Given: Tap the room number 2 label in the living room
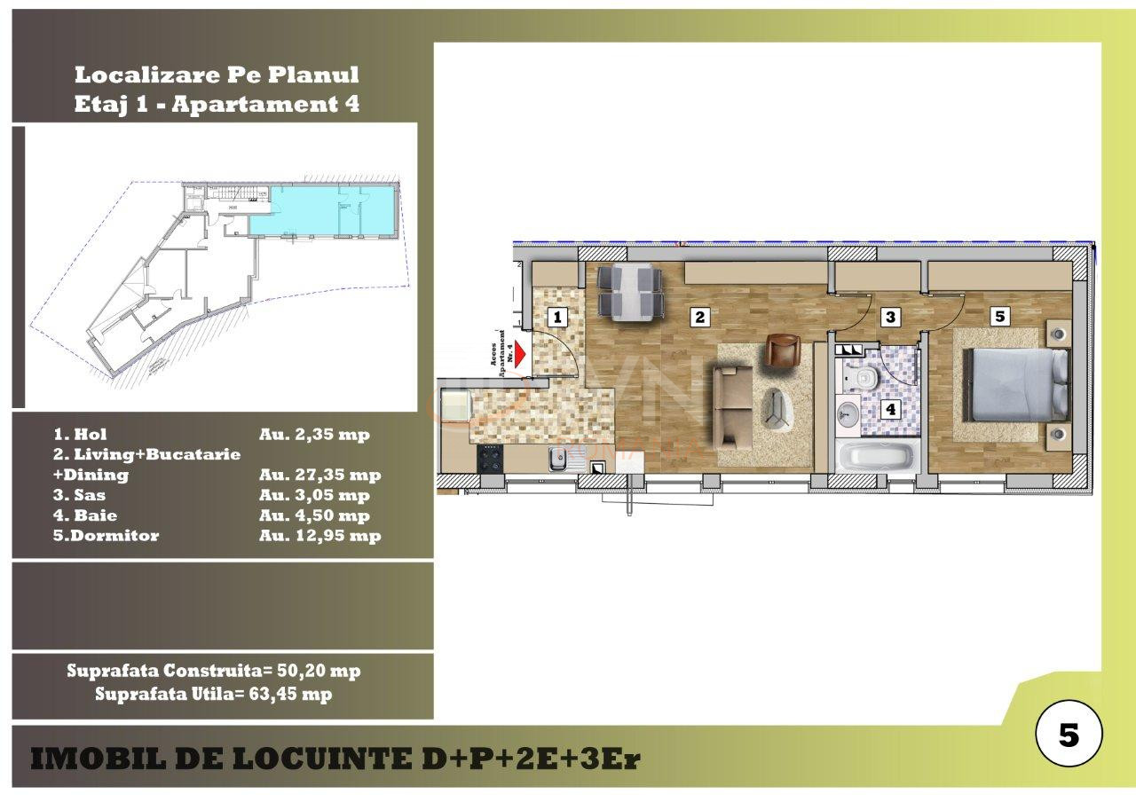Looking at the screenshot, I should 699,316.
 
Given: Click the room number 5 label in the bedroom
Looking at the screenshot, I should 999,316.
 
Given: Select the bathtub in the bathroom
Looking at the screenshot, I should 878,459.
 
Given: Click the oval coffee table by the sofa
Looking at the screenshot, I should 778,409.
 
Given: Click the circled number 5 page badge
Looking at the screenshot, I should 1069,735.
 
